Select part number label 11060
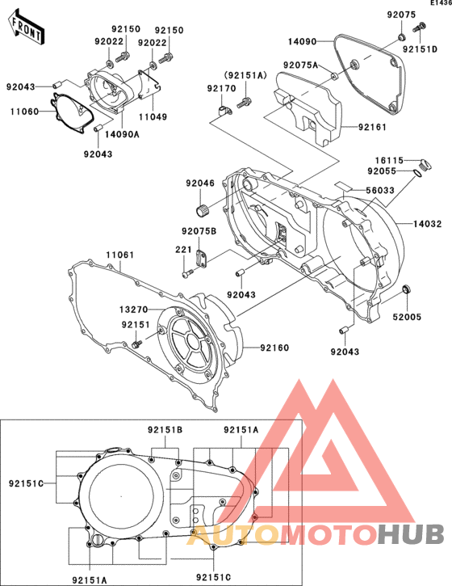(24, 112)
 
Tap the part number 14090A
(122, 134)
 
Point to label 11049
(153, 117)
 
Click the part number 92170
(222, 88)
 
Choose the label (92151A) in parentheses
(245, 75)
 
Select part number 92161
(373, 127)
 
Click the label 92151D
(420, 49)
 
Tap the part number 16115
(389, 160)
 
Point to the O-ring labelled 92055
(418, 173)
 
